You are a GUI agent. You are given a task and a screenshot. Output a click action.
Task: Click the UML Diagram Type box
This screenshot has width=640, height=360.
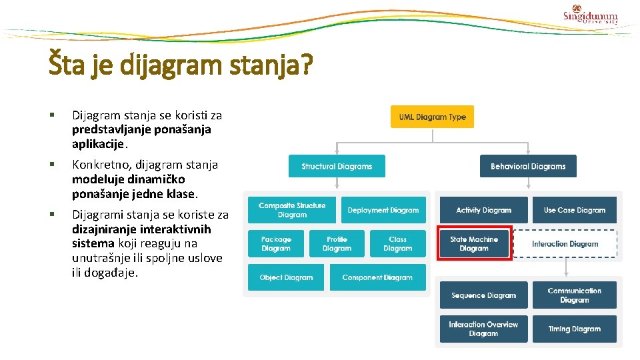(x=432, y=117)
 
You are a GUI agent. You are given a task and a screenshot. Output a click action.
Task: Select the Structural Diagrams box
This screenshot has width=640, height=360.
(x=337, y=166)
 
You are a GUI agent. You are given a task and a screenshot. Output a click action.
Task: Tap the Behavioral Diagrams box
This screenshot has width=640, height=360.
(x=528, y=166)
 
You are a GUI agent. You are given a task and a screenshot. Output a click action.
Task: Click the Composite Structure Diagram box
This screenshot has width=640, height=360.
(x=292, y=210)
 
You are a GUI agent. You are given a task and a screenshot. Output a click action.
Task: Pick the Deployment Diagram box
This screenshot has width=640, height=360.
(x=383, y=210)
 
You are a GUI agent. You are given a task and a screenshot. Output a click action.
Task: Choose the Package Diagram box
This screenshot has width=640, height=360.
(x=276, y=243)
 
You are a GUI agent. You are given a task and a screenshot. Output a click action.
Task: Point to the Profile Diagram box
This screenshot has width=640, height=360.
(x=337, y=243)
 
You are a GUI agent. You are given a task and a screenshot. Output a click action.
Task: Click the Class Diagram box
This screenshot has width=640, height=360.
(x=397, y=243)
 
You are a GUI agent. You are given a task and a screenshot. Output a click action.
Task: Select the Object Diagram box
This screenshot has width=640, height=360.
(x=286, y=277)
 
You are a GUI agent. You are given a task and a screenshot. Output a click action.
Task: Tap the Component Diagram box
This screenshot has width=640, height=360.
(x=377, y=277)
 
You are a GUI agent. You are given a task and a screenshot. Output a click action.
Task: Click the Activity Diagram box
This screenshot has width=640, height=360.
(x=483, y=210)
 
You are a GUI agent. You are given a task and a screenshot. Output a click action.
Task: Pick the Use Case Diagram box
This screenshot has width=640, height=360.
(x=574, y=210)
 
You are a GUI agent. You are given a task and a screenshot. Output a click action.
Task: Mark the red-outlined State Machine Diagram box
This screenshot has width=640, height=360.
(x=474, y=243)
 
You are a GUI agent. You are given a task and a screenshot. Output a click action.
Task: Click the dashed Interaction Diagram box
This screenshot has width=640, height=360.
(x=565, y=244)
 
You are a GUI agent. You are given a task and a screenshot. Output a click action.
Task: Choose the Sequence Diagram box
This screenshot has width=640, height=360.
(x=483, y=295)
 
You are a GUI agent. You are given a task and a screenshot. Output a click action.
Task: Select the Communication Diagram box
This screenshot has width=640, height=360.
(x=574, y=295)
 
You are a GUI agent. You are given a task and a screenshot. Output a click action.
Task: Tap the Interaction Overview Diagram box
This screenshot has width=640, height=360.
(x=483, y=329)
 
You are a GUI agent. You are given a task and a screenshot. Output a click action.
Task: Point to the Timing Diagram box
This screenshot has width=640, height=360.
(x=574, y=329)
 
